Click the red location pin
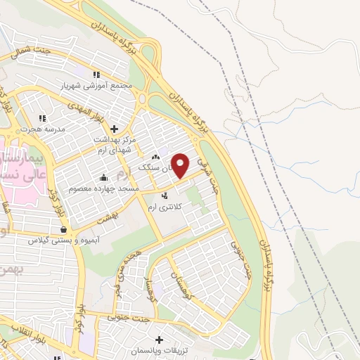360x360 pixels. click(181, 165)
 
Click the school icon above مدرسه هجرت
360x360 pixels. click(42, 118)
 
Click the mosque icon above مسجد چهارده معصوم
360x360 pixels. click(104, 177)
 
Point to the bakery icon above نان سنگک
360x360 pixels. click(156, 157)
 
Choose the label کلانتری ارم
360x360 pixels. click(167, 207)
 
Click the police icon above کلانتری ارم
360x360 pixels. click(165, 196)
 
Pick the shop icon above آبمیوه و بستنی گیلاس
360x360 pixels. click(64, 229)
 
